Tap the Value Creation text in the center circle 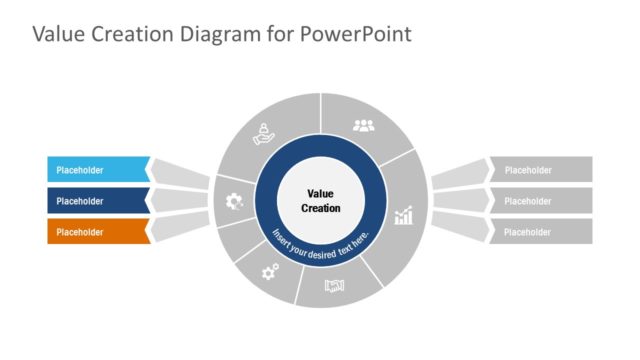coord(320,201)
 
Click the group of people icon coord(363,126)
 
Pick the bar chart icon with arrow coord(404,216)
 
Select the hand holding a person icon coord(263,131)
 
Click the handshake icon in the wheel coord(334,286)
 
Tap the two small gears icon coord(270,270)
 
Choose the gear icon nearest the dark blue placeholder coord(234,201)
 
